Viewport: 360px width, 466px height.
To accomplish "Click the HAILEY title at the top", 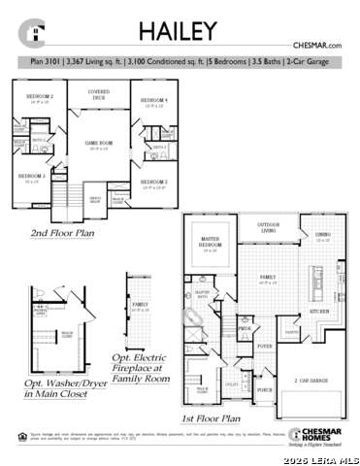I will [177, 31].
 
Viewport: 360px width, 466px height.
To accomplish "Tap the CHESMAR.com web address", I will [316, 46].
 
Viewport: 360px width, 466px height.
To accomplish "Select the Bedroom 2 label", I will [39, 98].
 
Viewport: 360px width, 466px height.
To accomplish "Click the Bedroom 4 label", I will [153, 101].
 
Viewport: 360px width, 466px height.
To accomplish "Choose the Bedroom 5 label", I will [153, 183].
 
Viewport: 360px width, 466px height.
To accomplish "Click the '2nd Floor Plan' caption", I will [62, 233].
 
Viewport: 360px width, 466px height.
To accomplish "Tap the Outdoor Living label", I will [268, 227].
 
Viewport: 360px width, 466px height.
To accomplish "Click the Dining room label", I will [322, 236].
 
